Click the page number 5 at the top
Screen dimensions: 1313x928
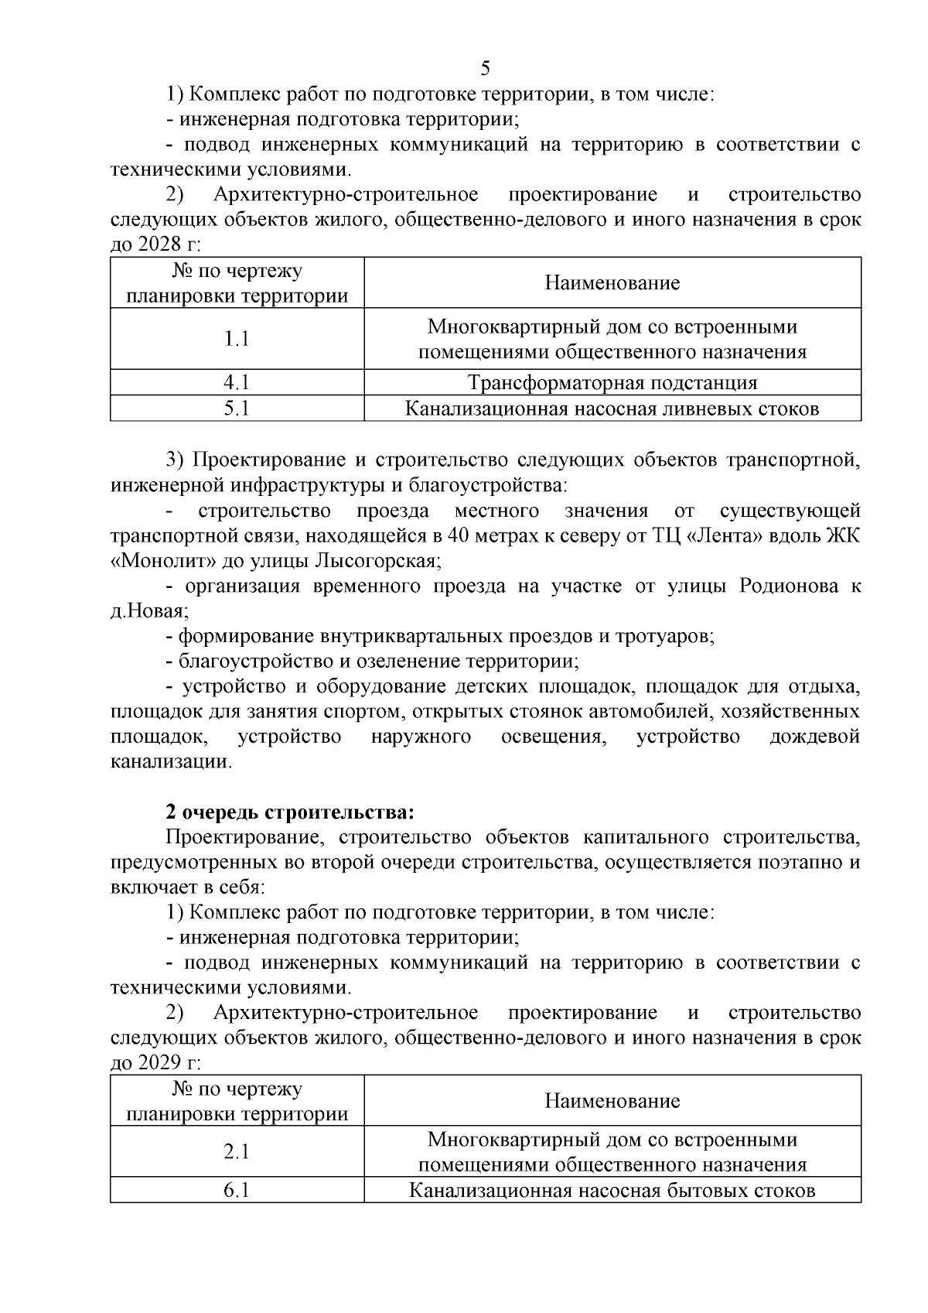coord(485,68)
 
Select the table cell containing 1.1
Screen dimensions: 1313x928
coord(237,339)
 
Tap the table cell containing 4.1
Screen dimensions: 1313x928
coord(237,382)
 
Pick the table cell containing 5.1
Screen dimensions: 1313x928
coord(237,409)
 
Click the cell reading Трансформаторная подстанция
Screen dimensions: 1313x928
coord(612,382)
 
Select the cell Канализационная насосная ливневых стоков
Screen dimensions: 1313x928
coord(612,409)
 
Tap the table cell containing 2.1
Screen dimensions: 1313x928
coord(237,1151)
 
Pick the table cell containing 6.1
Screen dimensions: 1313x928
coord(237,1190)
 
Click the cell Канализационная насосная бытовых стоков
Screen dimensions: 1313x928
coord(612,1190)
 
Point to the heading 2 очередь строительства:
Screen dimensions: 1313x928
coord(290,812)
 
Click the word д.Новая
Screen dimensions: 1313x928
coord(148,611)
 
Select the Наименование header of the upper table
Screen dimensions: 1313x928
coord(612,282)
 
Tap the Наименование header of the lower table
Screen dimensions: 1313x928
coord(612,1100)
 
